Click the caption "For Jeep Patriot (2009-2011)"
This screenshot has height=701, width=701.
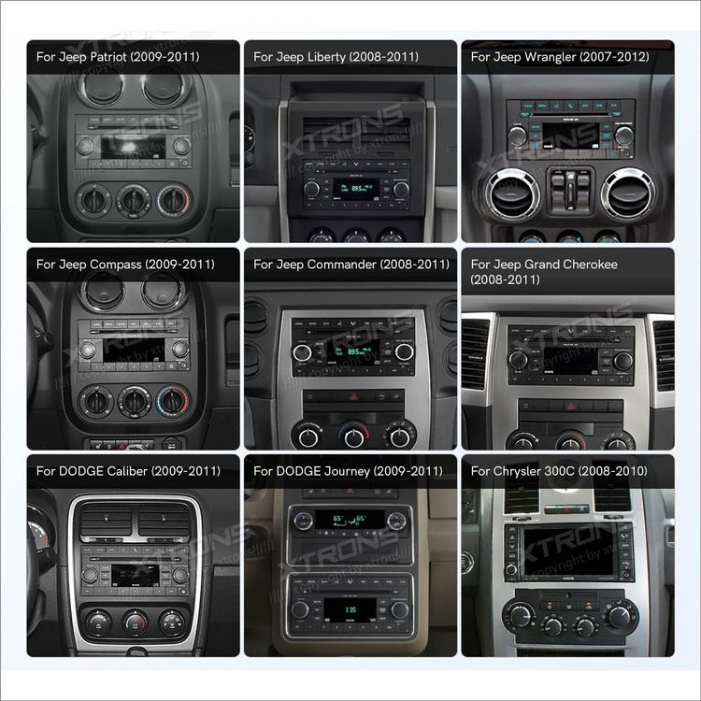point(118,57)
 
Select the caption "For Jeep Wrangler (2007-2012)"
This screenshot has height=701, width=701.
point(558,57)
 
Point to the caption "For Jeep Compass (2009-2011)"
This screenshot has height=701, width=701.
point(125,265)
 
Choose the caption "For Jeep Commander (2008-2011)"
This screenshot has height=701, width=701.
point(350,265)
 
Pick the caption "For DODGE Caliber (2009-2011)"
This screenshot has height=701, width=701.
point(128,471)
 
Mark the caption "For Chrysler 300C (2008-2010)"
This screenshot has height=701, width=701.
point(559,471)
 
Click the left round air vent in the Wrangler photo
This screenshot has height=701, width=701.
point(508,194)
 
